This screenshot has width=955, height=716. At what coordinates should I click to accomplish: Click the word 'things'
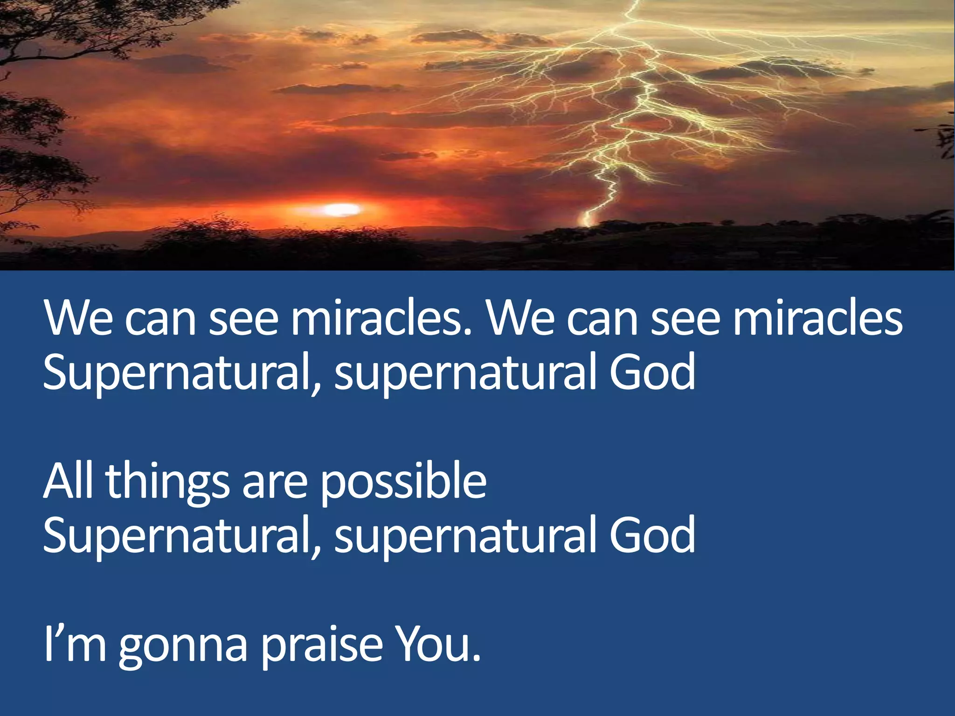tap(167, 482)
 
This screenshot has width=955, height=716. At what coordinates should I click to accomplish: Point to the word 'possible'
tap(403, 482)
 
